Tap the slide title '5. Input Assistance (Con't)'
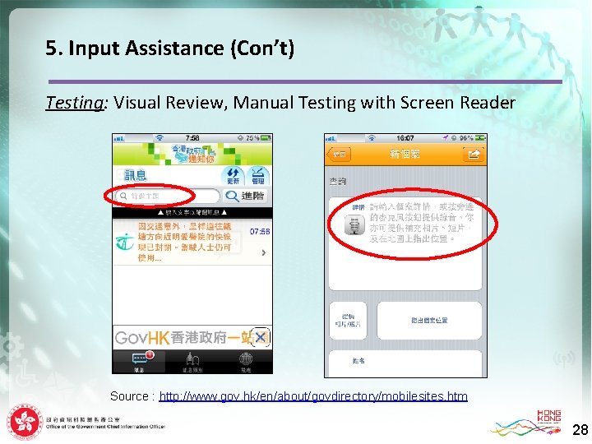click(169, 49)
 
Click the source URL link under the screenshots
click(313, 396)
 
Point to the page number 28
click(580, 430)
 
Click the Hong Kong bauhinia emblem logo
click(24, 423)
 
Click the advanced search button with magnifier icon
click(246, 197)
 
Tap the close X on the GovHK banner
click(260, 337)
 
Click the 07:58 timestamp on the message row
click(259, 232)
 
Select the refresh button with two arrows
click(234, 175)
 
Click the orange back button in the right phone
click(339, 154)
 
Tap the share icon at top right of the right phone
click(474, 154)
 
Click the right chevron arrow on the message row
click(263, 252)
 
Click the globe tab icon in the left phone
click(245, 359)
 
